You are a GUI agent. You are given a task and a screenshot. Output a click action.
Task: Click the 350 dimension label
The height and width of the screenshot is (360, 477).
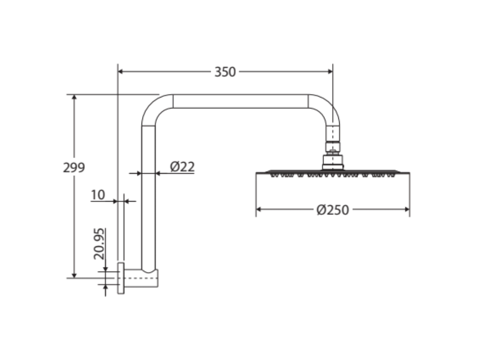point(225,72)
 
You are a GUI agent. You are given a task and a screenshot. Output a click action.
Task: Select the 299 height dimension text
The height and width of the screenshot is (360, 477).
point(74,168)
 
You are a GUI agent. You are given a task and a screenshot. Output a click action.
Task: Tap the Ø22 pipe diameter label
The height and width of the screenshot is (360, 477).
point(182,167)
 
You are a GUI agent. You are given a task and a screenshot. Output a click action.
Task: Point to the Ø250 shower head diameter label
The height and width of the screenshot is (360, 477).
point(333,210)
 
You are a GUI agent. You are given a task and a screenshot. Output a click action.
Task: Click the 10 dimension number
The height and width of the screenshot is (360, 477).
point(98,195)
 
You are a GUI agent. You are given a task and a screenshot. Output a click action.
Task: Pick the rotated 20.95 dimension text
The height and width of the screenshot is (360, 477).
point(99,244)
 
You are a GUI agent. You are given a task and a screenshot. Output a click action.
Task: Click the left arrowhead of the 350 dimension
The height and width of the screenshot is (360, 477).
point(120,72)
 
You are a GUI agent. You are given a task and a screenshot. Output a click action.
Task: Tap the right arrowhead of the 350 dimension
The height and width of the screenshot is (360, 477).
point(330,72)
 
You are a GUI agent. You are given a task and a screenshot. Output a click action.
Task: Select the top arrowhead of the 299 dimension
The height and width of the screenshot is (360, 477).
point(74,97)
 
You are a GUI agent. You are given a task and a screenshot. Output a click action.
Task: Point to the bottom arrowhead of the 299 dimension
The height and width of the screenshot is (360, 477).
point(74,276)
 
